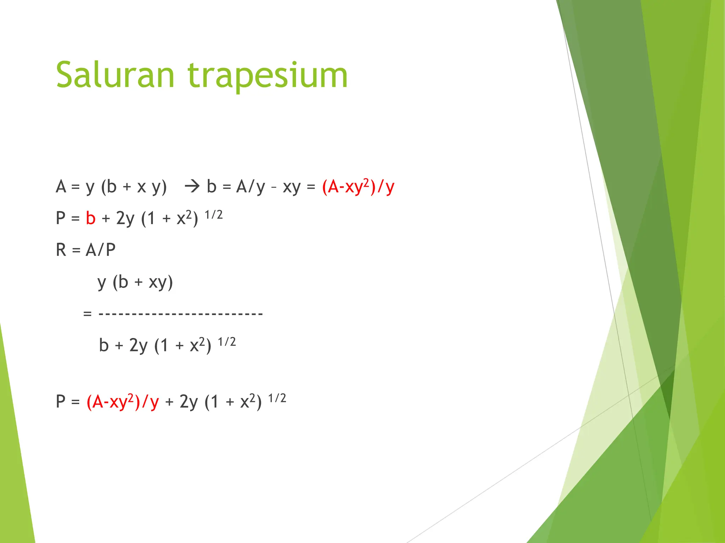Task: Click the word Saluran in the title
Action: (115, 75)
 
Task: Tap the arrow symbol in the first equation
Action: (192, 186)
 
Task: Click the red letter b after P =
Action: (91, 218)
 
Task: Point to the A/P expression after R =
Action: (101, 250)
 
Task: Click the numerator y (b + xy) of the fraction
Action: (135, 282)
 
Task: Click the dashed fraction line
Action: (181, 314)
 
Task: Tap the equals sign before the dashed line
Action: (87, 314)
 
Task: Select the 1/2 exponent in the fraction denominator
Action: (227, 342)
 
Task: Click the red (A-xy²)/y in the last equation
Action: (122, 402)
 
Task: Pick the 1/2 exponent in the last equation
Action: (277, 398)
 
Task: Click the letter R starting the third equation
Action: (61, 250)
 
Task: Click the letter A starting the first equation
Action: (61, 187)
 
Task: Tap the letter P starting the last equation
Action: (61, 402)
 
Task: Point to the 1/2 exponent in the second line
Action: (213, 215)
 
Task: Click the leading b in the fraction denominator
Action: (104, 345)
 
